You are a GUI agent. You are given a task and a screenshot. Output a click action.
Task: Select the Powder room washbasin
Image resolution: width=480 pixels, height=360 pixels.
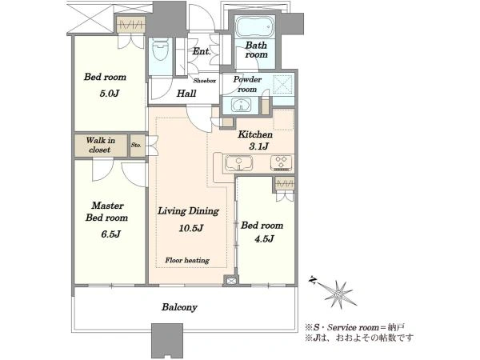coord(242,104)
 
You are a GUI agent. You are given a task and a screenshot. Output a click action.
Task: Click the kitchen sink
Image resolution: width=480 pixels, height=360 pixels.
coord(238,163)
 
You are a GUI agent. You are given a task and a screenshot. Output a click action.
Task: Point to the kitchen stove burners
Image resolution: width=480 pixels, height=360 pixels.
coord(282,163)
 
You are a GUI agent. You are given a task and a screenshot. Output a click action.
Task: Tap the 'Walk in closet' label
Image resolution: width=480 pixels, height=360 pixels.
coord(100,145)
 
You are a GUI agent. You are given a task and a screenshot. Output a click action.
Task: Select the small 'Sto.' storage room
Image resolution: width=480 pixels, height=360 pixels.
coord(137,146)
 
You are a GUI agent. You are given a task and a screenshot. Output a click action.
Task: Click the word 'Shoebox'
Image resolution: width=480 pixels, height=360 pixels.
coord(205,81)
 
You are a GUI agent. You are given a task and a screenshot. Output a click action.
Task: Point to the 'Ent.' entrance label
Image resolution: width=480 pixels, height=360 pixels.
coord(202,51)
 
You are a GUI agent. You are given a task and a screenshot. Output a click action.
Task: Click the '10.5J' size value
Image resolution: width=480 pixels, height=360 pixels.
coord(191,228)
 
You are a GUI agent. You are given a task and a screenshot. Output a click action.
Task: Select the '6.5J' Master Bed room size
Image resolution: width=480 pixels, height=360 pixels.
coord(110,234)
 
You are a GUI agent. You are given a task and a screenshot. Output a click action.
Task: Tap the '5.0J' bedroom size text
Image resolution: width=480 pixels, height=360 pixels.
coord(110,93)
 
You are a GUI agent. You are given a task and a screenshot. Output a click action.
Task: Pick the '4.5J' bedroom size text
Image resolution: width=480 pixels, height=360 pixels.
coord(264,238)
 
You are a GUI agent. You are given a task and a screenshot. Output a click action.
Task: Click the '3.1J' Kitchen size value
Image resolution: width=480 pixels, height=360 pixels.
coord(258,146)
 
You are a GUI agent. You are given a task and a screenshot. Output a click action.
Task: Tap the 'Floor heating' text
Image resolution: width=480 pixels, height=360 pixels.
coord(187,261)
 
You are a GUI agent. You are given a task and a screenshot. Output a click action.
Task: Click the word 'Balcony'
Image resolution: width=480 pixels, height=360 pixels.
coord(179,307)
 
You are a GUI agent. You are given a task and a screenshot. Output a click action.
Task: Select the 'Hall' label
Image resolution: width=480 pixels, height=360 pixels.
coord(186,94)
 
